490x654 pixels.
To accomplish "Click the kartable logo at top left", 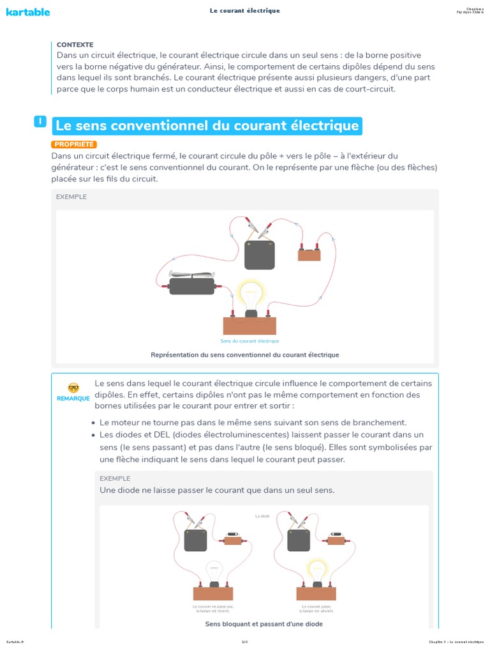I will point(28,11).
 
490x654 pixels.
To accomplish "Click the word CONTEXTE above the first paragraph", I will point(75,45).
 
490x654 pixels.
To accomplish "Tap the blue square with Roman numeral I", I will point(40,121).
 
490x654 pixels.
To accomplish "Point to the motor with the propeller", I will point(191,285).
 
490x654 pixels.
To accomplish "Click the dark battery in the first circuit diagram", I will point(260,255).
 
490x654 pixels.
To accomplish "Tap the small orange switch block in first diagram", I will point(309,255).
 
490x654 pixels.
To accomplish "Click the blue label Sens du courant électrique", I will point(249,341).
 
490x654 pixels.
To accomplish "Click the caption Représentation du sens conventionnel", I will point(244,354).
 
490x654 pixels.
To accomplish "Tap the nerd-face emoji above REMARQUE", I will point(73,388).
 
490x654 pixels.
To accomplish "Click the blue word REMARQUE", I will point(73,398).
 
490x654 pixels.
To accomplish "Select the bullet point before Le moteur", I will point(94,423).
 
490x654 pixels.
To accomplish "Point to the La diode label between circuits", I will point(262,516).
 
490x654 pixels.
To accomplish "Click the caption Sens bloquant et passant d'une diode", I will point(264,623).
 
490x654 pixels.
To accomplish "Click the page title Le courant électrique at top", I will point(244,11).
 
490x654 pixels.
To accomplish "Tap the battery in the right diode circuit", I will point(299,541).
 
